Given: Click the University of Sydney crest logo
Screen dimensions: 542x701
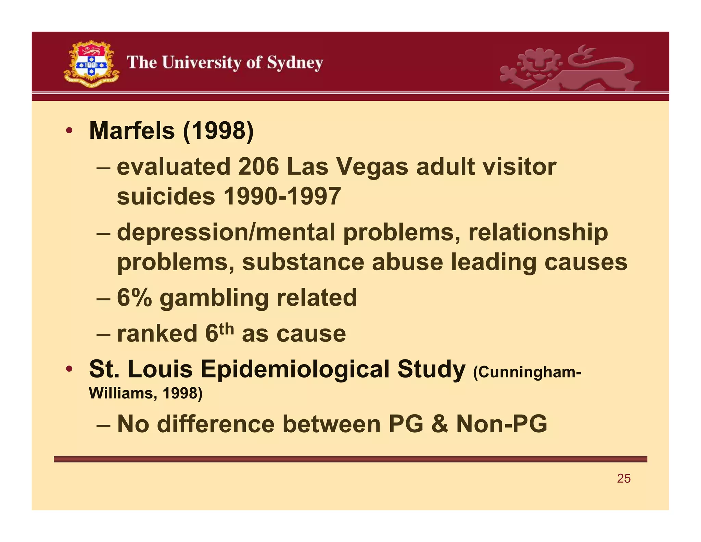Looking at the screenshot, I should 91,63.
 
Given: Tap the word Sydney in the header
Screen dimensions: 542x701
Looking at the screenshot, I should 295,63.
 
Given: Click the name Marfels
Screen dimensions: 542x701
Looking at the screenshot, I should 132,131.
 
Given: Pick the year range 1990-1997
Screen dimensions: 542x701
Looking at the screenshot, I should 282,196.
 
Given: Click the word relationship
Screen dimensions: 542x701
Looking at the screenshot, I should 538,232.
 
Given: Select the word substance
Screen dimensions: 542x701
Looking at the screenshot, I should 303,262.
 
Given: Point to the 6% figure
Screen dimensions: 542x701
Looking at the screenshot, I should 134,297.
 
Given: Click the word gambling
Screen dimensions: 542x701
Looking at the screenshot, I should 214,298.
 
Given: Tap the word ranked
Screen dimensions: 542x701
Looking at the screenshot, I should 157,333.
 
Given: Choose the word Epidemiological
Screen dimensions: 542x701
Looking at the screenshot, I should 295,370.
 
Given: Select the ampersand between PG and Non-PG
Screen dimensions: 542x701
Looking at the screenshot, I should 439,424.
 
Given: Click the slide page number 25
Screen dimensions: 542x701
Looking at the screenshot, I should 624,479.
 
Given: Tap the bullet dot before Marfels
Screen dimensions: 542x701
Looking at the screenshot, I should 69,131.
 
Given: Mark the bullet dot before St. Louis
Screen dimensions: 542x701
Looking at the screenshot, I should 69,369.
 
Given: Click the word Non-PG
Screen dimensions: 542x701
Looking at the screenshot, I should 501,424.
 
